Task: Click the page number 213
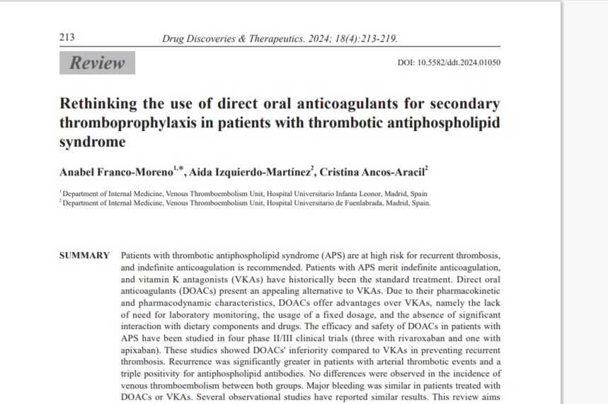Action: (67, 37)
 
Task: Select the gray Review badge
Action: (97, 63)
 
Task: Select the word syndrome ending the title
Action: (93, 142)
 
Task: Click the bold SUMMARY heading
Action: (84, 255)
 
